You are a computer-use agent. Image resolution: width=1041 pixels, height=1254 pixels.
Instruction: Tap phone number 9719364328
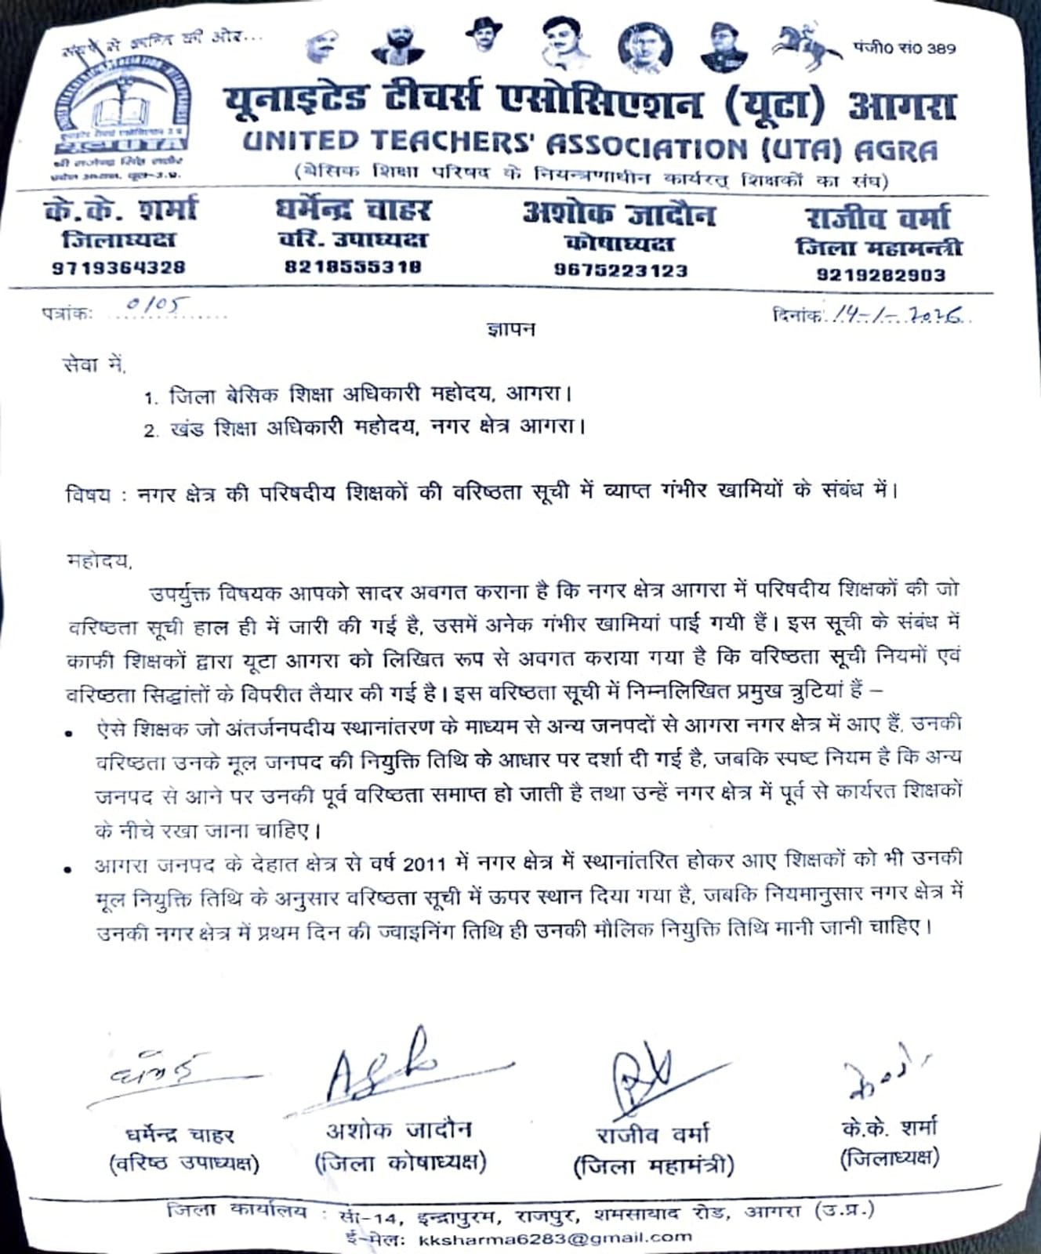119,267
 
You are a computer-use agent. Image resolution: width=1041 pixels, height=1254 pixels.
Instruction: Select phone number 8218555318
353,266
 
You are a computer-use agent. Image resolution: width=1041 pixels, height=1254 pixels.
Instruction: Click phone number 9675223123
621,270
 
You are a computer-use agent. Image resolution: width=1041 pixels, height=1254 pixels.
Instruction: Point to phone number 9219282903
881,275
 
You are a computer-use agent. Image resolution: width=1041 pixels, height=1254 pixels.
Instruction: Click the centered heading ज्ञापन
510,329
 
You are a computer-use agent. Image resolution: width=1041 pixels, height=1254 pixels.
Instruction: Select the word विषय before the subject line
88,495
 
